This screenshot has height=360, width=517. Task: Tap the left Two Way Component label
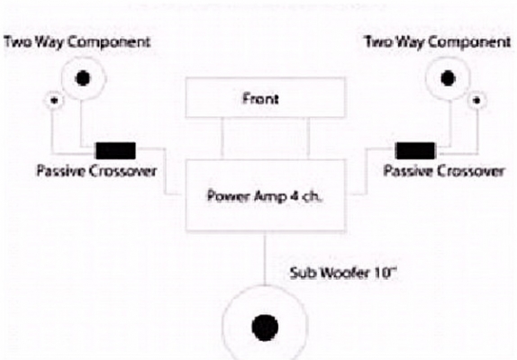click(77, 42)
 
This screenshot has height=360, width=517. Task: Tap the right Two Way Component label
click(437, 42)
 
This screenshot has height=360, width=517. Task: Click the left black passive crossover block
click(115, 151)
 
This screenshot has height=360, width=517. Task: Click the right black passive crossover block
click(415, 151)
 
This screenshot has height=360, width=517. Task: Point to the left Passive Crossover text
click(96, 171)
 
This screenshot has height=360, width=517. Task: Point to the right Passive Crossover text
click(444, 171)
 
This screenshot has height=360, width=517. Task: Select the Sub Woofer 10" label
click(342, 273)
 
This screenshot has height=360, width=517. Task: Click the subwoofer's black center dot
click(265, 328)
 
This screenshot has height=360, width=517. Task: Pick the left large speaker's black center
click(83, 78)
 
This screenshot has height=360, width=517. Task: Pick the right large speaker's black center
click(448, 78)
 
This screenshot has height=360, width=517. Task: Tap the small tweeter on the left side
click(54, 100)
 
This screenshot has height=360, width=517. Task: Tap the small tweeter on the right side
click(476, 100)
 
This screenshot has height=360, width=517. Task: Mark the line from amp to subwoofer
click(265, 258)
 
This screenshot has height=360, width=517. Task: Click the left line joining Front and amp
click(222, 139)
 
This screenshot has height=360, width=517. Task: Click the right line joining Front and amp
click(308, 139)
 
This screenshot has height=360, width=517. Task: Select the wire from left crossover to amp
click(165, 171)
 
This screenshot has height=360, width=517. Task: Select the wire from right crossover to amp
click(366, 171)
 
